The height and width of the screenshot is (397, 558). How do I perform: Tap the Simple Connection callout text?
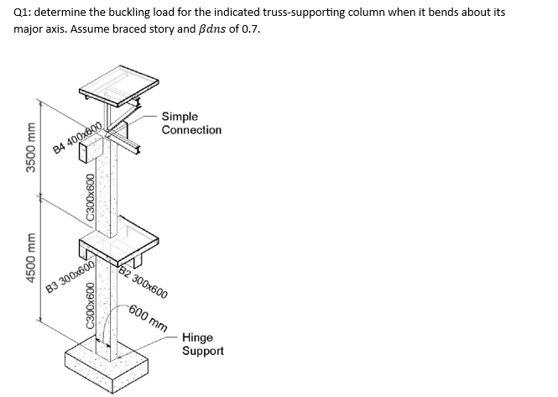[191, 123]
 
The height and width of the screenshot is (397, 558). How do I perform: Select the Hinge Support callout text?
[202, 343]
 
